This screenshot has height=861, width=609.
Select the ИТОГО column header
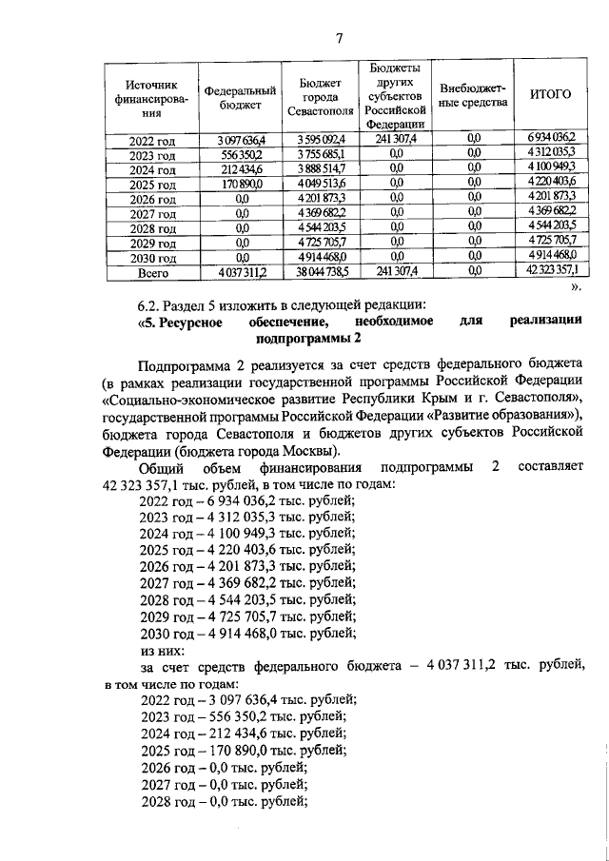[549, 95]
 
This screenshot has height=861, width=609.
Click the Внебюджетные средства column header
[473, 95]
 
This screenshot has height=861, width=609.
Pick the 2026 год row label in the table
[153, 199]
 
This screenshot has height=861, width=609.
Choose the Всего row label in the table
[152, 273]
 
